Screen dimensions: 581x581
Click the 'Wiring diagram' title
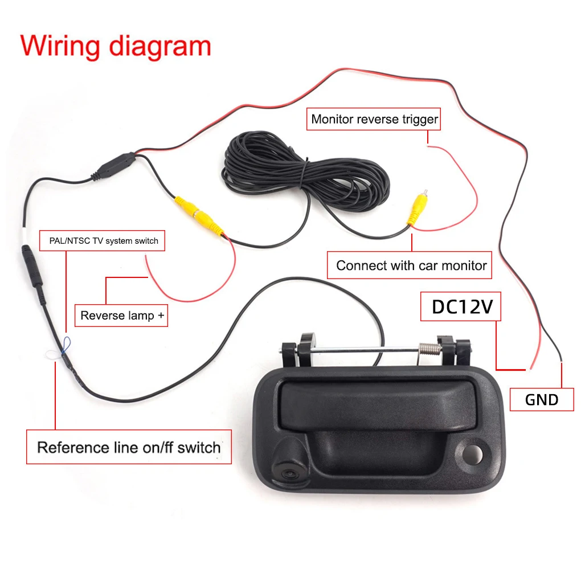tap(116, 46)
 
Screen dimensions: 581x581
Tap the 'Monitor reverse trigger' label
tap(374, 120)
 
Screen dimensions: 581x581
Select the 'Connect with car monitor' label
tap(411, 265)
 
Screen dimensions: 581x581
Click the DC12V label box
tap(461, 306)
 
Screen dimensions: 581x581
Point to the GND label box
tap(542, 400)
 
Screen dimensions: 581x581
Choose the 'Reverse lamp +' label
tap(121, 316)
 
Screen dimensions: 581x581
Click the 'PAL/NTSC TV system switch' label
tap(103, 241)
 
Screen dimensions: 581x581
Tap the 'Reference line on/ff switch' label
tap(129, 447)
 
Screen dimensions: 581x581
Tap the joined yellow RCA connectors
tap(199, 216)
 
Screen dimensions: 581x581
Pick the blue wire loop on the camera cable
tap(66, 343)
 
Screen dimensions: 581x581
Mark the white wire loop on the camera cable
tap(54, 354)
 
